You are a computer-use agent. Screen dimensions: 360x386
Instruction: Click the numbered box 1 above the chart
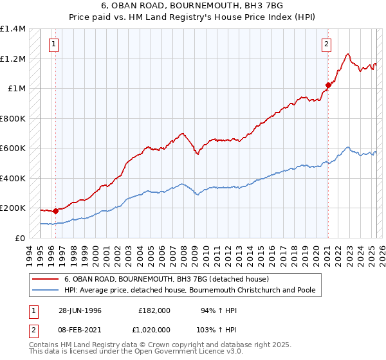tap(52, 44)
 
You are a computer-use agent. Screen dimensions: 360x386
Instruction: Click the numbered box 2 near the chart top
tap(327, 44)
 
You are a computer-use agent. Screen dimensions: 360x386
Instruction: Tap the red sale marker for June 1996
tap(56, 210)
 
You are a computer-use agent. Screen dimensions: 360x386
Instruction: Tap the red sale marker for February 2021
tap(328, 85)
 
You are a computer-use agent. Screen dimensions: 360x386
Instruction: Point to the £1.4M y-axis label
tap(13, 29)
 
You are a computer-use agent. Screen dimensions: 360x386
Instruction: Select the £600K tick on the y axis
tap(13, 148)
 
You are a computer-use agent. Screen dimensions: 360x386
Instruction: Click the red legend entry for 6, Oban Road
tap(170, 279)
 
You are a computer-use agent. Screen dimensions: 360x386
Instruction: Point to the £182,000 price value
tap(154, 310)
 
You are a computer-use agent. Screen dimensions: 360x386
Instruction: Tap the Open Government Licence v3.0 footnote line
tap(136, 353)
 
